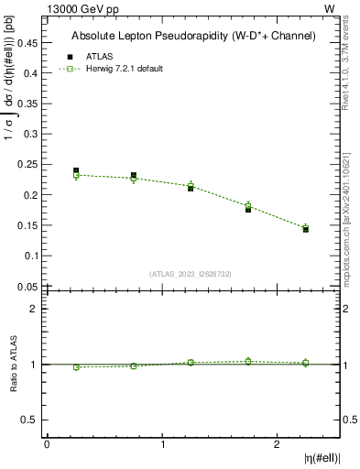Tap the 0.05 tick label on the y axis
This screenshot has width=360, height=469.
(x=27, y=286)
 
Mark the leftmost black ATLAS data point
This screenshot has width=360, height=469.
(x=76, y=170)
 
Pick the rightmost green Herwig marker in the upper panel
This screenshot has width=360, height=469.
(x=306, y=227)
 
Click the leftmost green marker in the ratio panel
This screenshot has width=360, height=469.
(x=76, y=367)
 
